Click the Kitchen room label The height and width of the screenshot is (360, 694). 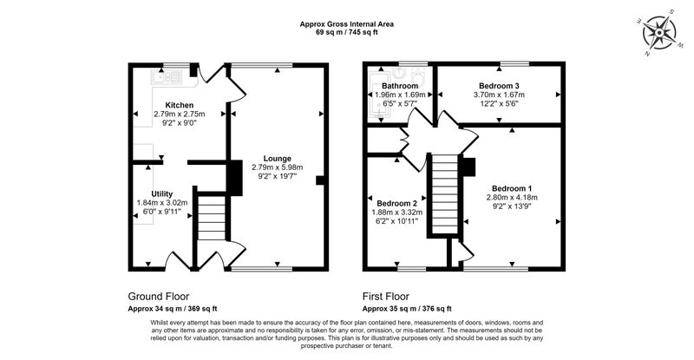(x=180, y=105)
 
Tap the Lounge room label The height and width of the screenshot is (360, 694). (x=278, y=159)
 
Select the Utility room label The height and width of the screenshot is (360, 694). (x=162, y=194)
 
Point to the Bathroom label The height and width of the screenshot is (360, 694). (x=400, y=86)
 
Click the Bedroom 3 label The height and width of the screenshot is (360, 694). (x=500, y=86)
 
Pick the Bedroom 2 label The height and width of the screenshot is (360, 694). (x=397, y=204)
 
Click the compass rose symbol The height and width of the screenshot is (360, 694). (x=659, y=33)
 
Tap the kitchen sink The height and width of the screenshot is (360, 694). (x=167, y=77)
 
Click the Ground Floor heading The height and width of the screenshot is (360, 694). (x=159, y=296)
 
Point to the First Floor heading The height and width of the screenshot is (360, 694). (x=386, y=296)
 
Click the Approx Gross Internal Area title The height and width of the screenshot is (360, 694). (x=346, y=24)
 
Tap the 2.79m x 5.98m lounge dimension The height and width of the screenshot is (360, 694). (x=278, y=167)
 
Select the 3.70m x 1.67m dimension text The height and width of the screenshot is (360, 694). (x=500, y=95)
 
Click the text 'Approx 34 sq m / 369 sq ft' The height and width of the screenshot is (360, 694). (x=172, y=309)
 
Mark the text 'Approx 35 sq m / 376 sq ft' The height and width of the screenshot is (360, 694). (x=407, y=309)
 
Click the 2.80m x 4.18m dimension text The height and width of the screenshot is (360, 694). (x=512, y=198)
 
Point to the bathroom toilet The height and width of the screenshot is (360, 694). (x=418, y=75)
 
